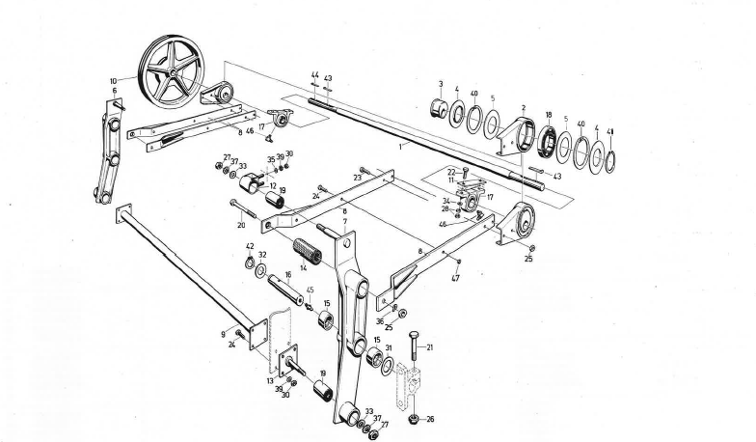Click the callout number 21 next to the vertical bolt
click(x=430, y=346)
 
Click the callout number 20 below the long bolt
click(x=240, y=225)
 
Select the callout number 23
click(x=357, y=178)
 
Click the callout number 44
click(x=314, y=74)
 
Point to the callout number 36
click(x=380, y=322)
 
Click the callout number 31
click(x=389, y=348)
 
